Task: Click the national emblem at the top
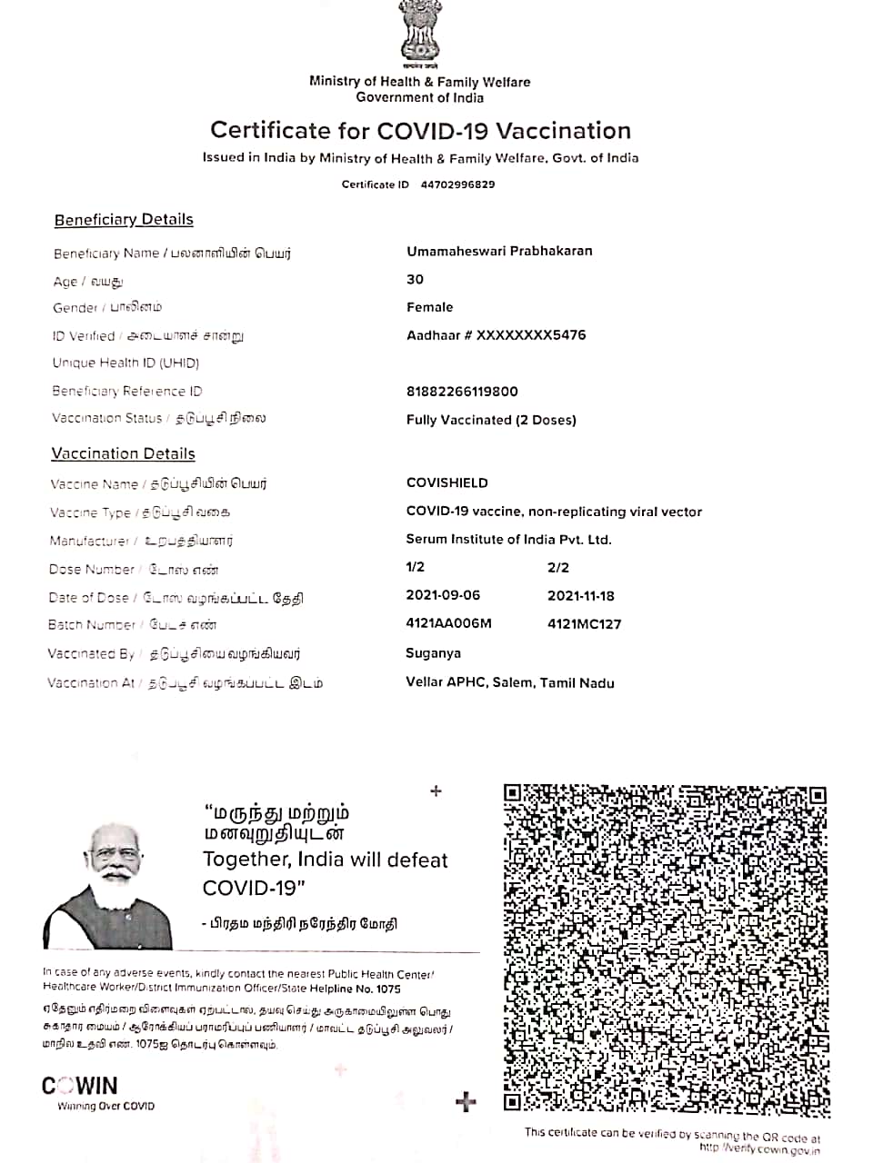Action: (x=419, y=35)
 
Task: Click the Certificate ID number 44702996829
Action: (x=457, y=184)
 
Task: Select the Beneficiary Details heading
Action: (x=124, y=220)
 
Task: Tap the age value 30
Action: (x=415, y=279)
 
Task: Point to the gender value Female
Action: (x=429, y=307)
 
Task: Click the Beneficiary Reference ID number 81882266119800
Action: (x=462, y=392)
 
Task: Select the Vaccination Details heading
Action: (x=123, y=453)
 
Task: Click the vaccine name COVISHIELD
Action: (x=447, y=482)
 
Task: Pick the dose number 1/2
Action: (x=415, y=567)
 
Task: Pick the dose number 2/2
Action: (x=557, y=567)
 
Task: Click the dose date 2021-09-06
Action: (x=443, y=595)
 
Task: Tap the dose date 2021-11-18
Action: (x=580, y=596)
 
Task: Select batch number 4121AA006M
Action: (x=448, y=623)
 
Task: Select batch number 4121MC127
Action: (x=584, y=624)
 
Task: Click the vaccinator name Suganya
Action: (x=433, y=653)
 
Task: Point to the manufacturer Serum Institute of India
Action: (x=508, y=539)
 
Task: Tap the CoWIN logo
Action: (x=80, y=1086)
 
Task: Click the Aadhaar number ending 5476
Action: (x=496, y=335)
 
